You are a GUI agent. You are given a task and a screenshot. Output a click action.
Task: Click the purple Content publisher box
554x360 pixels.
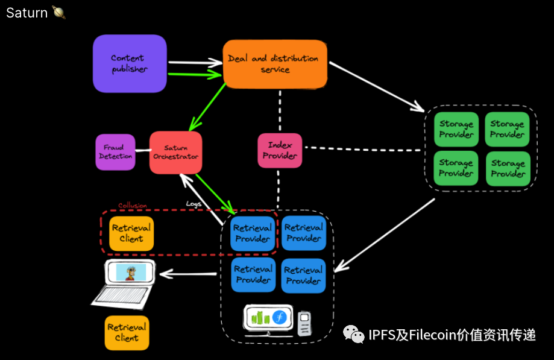click(130, 63)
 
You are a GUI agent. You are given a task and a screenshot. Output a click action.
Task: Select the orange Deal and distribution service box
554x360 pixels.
click(275, 63)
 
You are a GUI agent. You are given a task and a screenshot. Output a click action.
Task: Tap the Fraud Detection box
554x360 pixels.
click(115, 152)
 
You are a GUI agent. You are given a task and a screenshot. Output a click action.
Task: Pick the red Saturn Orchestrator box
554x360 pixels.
click(175, 153)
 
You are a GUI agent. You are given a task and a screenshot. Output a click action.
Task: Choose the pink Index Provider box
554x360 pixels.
click(280, 150)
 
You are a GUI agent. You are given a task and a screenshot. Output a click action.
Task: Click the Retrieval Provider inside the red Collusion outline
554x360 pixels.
click(253, 234)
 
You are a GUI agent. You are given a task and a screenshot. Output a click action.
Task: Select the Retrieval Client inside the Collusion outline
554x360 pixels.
click(131, 233)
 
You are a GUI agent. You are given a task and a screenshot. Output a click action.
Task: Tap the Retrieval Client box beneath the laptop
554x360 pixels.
click(127, 333)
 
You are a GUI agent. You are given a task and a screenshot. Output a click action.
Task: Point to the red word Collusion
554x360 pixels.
click(132, 206)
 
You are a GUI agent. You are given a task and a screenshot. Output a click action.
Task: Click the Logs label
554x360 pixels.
click(194, 204)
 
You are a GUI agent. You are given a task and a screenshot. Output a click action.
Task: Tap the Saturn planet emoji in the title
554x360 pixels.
click(58, 12)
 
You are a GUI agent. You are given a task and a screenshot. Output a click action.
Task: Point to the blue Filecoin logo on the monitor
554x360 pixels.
click(279, 318)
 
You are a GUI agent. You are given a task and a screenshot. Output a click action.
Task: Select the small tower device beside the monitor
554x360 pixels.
click(305, 323)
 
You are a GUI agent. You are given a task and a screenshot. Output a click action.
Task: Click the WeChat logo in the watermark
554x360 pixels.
click(354, 335)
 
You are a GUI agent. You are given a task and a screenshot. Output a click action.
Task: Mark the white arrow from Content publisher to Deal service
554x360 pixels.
click(195, 62)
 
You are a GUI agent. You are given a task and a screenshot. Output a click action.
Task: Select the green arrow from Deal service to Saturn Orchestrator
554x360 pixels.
click(207, 107)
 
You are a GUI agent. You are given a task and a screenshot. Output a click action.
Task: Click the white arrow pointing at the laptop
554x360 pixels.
click(187, 275)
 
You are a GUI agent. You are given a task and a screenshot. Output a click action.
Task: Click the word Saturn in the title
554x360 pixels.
click(27, 12)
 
